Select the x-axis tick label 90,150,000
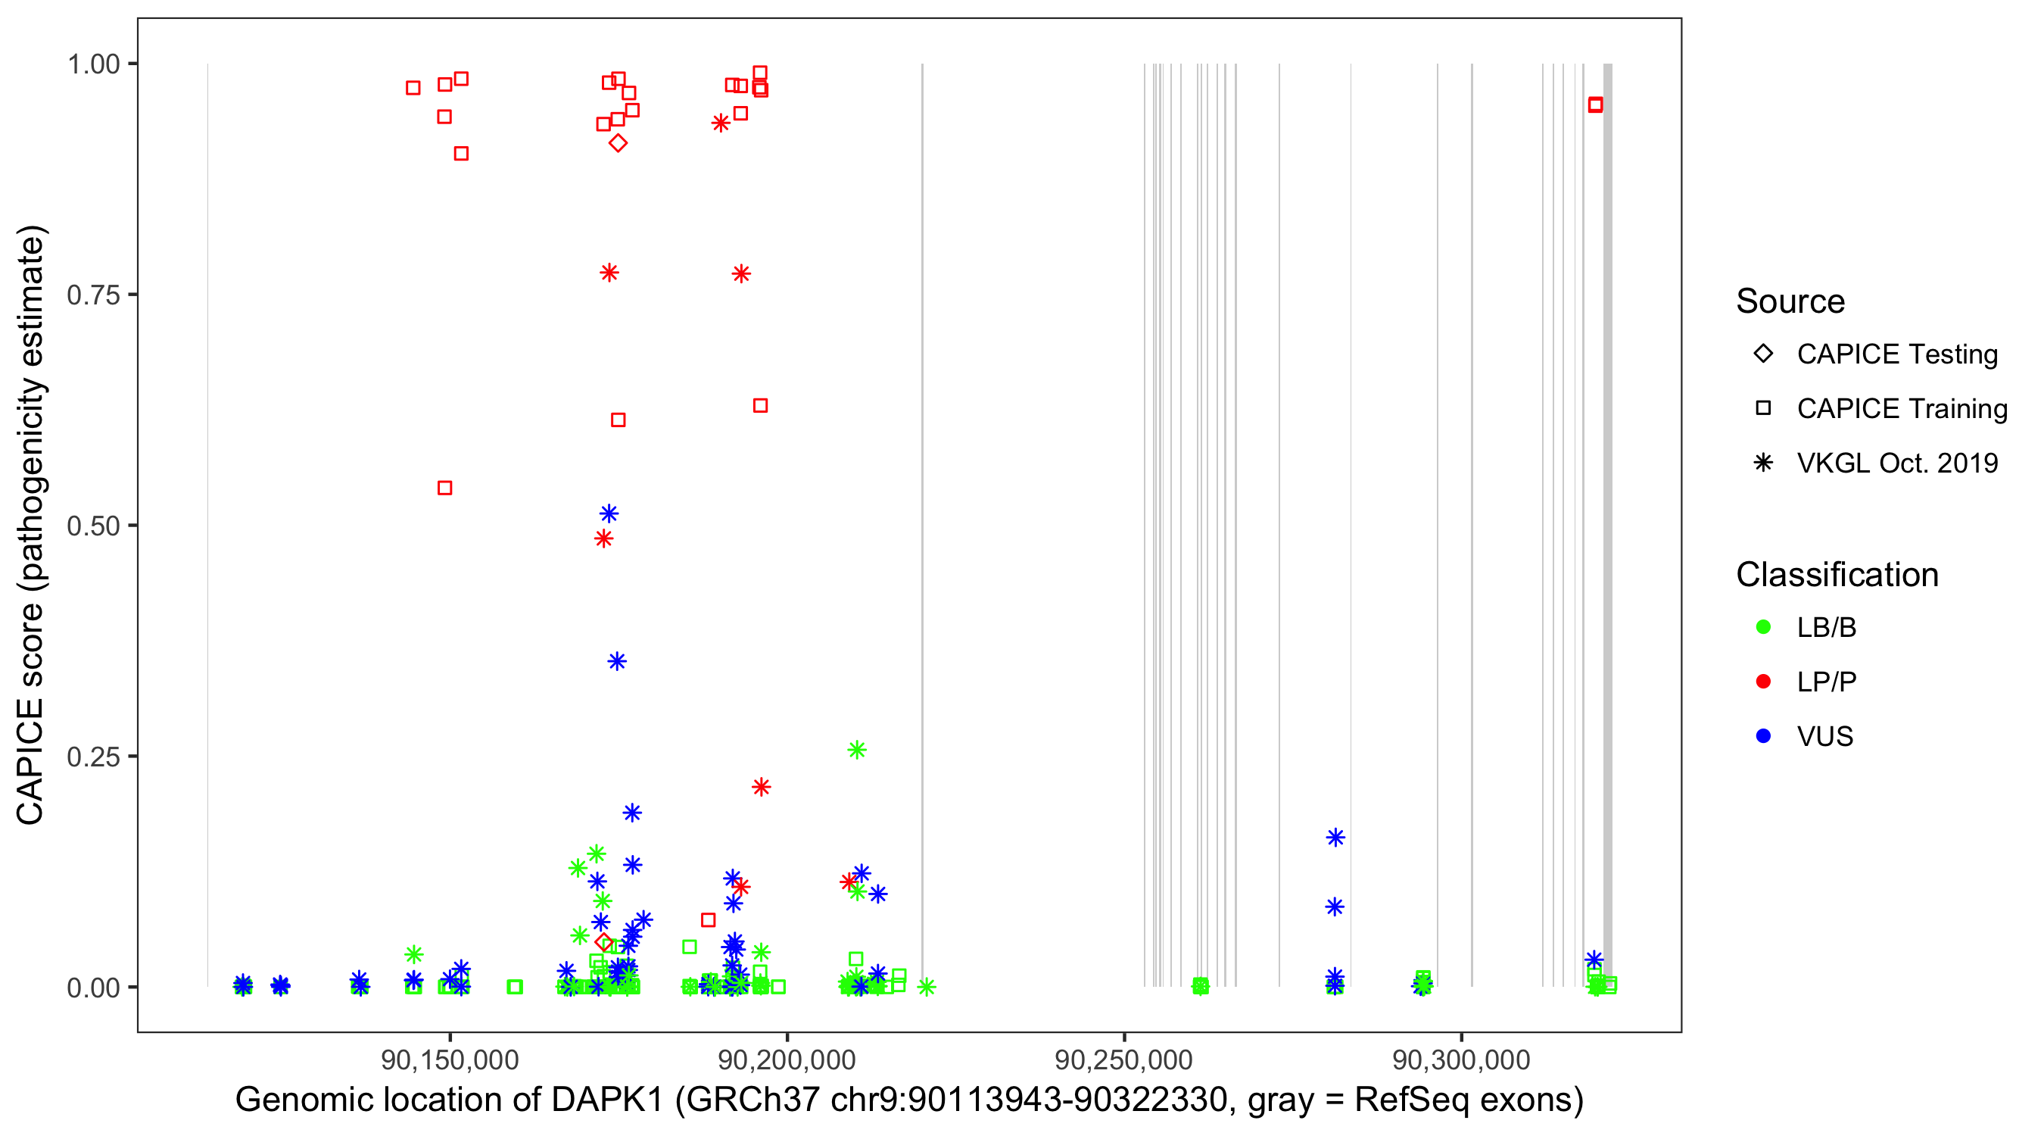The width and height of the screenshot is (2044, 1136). point(450,1060)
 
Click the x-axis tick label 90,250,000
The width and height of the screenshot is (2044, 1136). point(1123,1060)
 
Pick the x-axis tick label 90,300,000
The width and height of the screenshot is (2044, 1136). point(1461,1060)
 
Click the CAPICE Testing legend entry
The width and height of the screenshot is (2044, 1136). point(1896,354)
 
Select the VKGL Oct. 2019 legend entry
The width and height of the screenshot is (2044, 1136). point(1896,463)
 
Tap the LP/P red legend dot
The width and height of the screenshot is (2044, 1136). point(1763,682)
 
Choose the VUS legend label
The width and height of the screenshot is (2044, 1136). point(1825,737)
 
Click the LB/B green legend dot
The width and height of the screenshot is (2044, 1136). point(1763,627)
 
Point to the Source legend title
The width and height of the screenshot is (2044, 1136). point(1790,301)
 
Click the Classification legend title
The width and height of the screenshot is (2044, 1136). point(1837,575)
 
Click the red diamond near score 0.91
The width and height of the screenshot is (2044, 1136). point(618,143)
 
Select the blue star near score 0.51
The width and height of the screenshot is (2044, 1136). point(609,513)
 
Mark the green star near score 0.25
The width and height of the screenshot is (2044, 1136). point(856,751)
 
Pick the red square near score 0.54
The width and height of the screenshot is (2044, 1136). point(445,488)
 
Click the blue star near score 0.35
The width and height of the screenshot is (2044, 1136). point(616,661)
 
